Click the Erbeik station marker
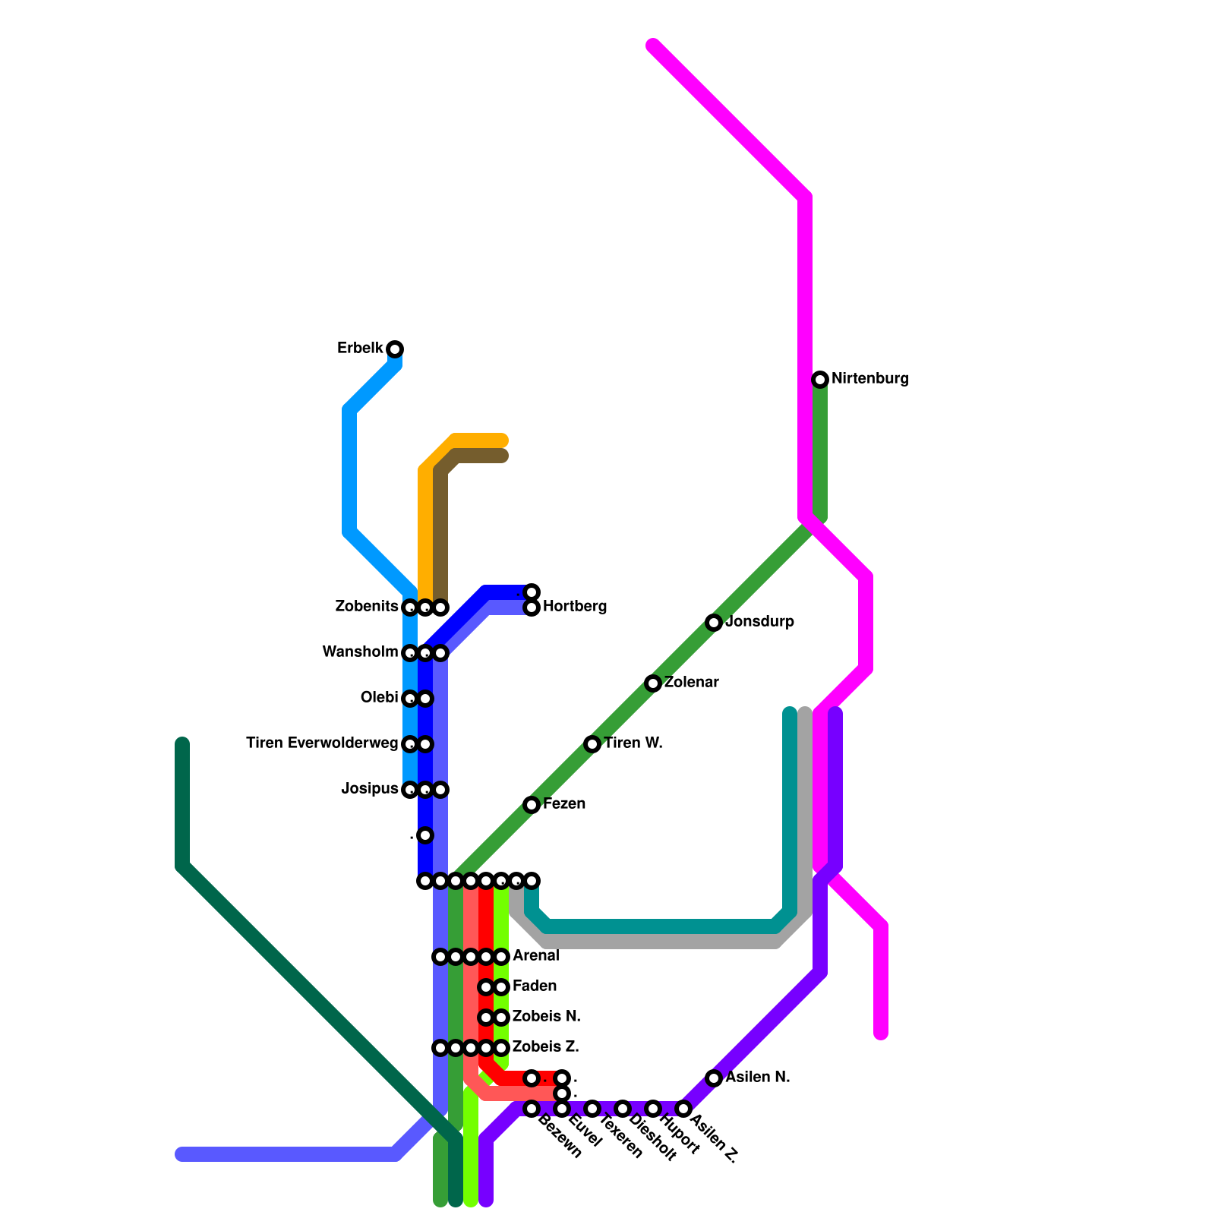tap(395, 349)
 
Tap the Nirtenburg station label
tap(869, 379)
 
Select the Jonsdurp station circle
tap(714, 623)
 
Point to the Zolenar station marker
tap(653, 683)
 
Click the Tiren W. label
tap(633, 743)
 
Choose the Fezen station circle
tap(532, 805)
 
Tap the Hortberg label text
tap(575, 607)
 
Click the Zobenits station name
tap(367, 607)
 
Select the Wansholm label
tap(360, 652)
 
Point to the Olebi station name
tap(379, 698)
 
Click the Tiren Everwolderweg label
tap(322, 743)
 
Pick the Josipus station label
tap(370, 789)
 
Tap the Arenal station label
tap(536, 956)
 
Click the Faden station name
tap(535, 986)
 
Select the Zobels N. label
tap(547, 1017)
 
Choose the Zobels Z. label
tap(546, 1047)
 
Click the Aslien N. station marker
tap(714, 1078)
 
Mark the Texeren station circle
tap(592, 1109)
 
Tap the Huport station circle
tap(653, 1109)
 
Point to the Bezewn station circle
tap(532, 1109)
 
